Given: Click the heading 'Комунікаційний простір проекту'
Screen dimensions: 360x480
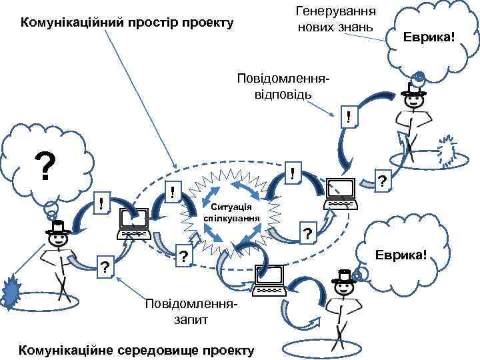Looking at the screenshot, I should click(x=127, y=24).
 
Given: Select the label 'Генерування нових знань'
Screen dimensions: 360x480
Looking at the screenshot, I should click(x=336, y=20).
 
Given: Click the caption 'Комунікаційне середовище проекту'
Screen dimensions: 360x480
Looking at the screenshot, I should click(x=137, y=350).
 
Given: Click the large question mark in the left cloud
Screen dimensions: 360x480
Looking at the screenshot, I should click(x=45, y=167).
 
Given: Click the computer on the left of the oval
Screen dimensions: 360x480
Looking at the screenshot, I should click(x=133, y=223).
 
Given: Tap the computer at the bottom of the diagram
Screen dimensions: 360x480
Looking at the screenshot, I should click(x=269, y=279).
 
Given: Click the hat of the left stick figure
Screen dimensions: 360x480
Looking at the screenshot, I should click(x=59, y=227).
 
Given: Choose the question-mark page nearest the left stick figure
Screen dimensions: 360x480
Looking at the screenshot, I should click(x=105, y=267).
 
